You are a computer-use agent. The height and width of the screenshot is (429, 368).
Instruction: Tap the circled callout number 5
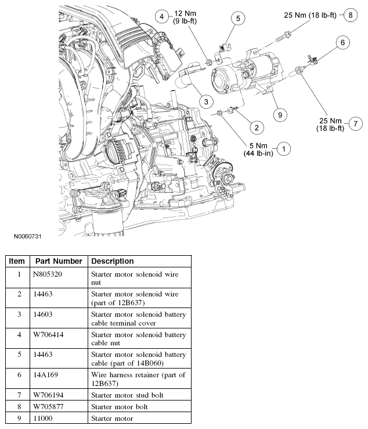(237, 19)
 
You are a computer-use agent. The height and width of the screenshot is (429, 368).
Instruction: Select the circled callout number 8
(350, 15)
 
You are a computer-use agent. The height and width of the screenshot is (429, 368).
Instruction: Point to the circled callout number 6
(342, 42)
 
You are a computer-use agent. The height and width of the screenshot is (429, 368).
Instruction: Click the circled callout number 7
(356, 123)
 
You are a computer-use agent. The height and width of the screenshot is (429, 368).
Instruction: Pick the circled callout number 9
(280, 115)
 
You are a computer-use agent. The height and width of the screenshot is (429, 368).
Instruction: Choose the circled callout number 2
(254, 126)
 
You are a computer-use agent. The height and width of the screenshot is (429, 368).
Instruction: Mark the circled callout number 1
(283, 149)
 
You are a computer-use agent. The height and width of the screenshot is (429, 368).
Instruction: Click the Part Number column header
(59, 261)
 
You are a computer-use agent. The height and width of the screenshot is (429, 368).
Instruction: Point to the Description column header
(113, 261)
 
